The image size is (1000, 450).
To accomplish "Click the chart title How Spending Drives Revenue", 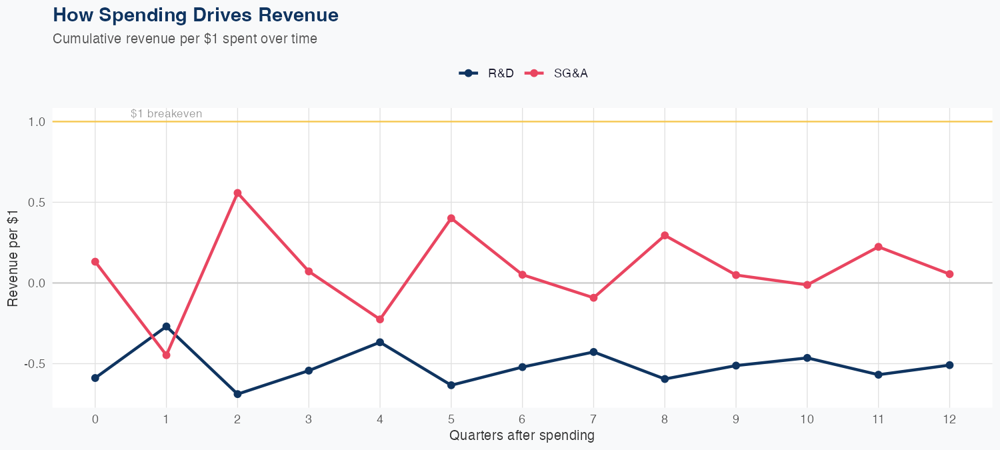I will [195, 15].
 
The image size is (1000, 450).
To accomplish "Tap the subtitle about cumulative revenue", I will [185, 39].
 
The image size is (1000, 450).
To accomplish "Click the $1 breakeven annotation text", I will [166, 114].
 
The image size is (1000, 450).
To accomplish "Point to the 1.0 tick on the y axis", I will [37, 122].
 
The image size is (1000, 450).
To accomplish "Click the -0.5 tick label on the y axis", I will [35, 364].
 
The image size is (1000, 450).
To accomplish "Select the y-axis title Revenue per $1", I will [13, 257].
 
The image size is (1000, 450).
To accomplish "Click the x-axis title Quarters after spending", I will [521, 436].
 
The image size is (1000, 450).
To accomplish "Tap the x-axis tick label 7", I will [593, 419].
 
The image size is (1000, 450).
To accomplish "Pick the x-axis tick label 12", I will [949, 419].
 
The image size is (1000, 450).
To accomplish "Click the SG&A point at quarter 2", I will [237, 193].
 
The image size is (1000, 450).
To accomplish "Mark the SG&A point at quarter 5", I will [451, 218].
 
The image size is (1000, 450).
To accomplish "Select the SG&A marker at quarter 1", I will [166, 355].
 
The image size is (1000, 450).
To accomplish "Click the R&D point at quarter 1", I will [166, 327].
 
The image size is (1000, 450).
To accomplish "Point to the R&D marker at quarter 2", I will [237, 394].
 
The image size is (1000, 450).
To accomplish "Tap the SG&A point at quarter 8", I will [665, 235].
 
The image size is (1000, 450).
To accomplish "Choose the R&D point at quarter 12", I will [949, 365].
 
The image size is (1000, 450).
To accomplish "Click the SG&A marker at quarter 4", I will [380, 319].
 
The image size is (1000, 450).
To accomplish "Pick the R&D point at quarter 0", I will [95, 378].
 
